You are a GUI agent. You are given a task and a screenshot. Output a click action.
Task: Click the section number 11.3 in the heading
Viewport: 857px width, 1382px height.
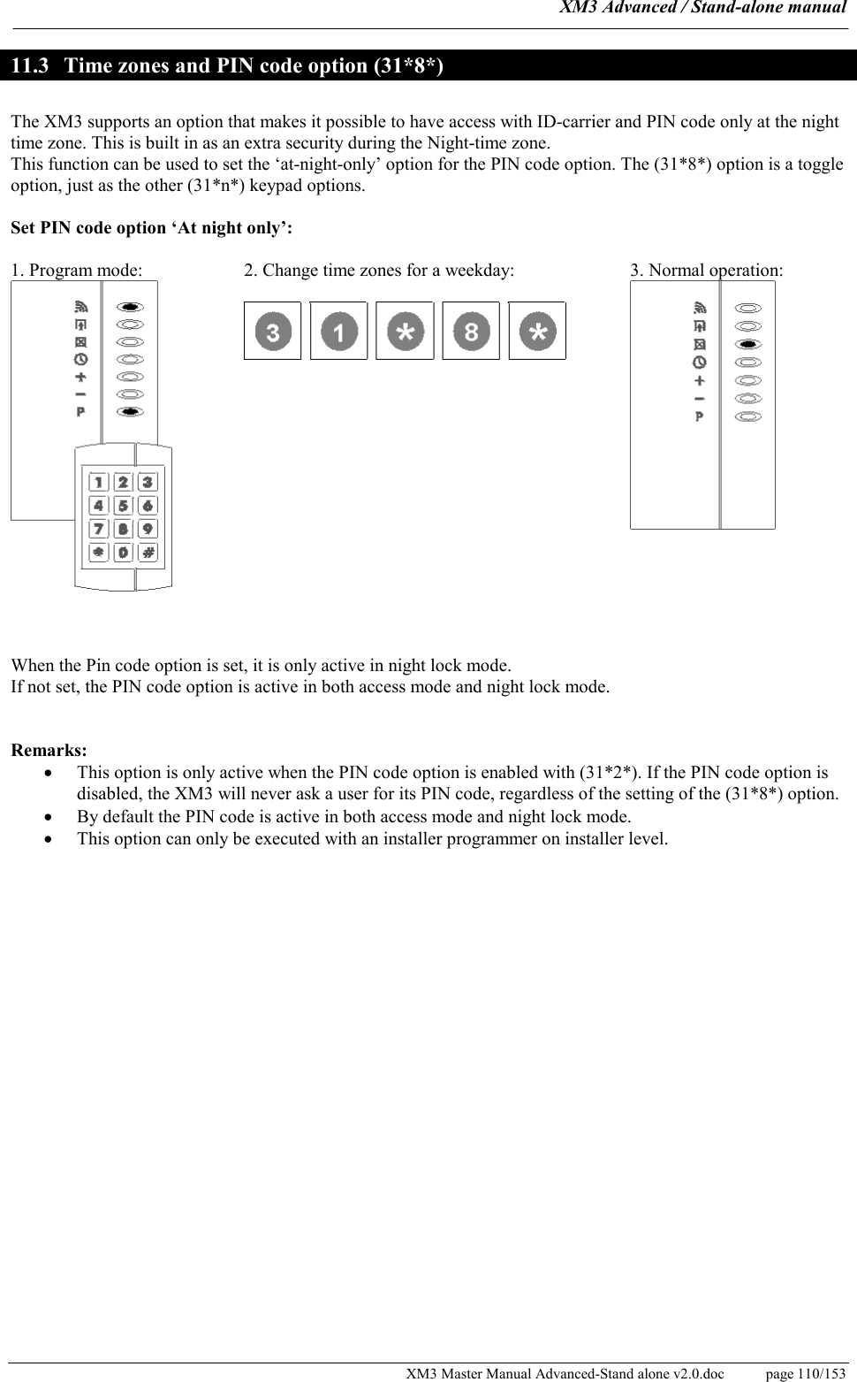tap(30, 66)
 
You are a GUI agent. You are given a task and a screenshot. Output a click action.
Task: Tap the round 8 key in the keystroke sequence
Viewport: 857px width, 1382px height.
tap(471, 332)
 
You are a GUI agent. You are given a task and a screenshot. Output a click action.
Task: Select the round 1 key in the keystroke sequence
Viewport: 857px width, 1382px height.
tap(338, 332)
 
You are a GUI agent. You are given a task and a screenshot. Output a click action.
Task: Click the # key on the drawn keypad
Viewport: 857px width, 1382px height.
tap(148, 552)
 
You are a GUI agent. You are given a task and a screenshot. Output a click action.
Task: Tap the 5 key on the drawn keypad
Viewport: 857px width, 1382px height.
tap(123, 506)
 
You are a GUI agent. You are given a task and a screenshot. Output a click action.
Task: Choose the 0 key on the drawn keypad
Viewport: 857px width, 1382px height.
tap(123, 552)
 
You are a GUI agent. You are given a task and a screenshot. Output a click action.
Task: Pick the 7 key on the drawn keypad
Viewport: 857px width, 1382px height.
tap(98, 529)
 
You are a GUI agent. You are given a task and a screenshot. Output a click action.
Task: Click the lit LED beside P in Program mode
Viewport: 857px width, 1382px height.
tap(130, 411)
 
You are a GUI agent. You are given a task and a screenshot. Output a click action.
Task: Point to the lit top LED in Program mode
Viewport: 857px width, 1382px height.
tap(130, 307)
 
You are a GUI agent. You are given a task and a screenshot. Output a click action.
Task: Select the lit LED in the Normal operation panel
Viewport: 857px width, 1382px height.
tap(748, 344)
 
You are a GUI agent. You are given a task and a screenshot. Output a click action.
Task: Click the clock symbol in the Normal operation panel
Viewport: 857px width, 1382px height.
tap(700, 363)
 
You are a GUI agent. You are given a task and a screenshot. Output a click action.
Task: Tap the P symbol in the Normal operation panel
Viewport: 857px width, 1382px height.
tap(700, 416)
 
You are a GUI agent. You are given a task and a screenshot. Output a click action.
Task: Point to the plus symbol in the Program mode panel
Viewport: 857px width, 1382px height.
tap(80, 377)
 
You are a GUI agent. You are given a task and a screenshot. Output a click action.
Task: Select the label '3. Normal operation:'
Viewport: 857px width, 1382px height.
tap(706, 271)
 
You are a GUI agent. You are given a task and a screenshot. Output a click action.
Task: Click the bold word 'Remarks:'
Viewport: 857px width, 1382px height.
tap(49, 751)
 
